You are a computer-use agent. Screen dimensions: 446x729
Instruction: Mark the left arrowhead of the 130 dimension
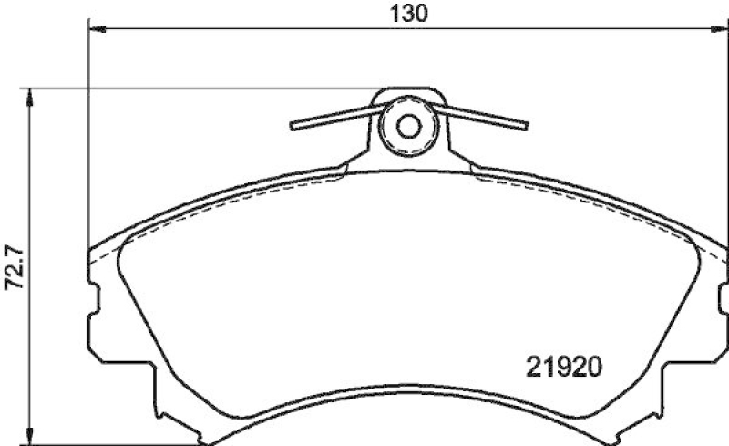(96, 30)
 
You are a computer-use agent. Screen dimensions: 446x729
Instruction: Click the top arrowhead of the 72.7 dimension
(31, 94)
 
